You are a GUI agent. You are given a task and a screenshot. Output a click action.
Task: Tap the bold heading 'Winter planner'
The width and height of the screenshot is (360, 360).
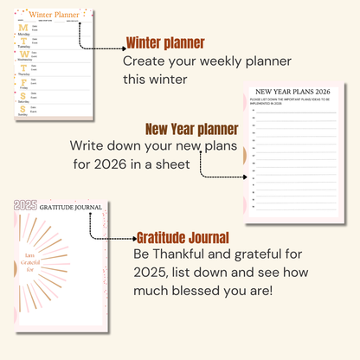coord(165,43)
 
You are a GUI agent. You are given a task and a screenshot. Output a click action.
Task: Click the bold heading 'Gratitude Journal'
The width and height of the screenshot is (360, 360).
coord(183,237)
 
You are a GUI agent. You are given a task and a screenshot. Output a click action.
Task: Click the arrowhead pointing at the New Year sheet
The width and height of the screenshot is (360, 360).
coord(232,176)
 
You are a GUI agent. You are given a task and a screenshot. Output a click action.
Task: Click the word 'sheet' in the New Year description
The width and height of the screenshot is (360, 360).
coord(183,165)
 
